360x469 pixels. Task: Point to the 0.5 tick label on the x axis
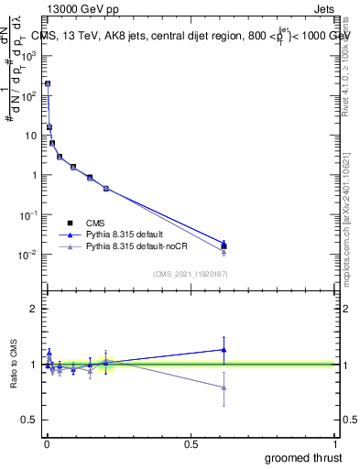click(191, 444)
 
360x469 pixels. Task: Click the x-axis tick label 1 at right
click(336, 444)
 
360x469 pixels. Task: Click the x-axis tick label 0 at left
click(47, 444)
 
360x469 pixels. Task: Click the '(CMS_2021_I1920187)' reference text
click(190, 273)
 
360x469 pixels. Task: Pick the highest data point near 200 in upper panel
click(48, 83)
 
